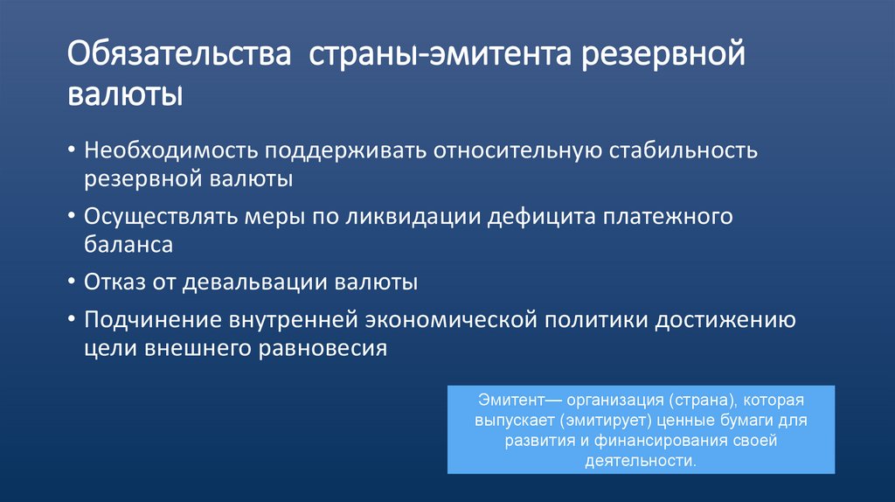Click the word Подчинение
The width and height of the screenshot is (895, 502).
[148, 319]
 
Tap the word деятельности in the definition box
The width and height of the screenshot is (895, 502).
[641, 460]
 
